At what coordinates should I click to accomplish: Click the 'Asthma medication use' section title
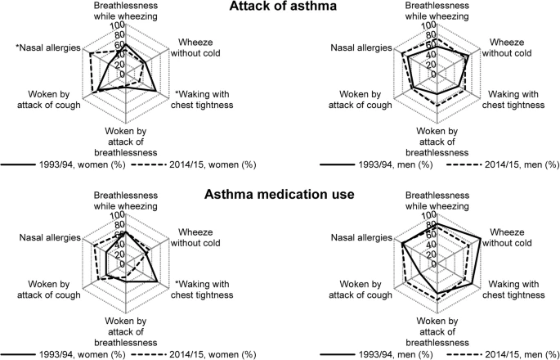[279, 195]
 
